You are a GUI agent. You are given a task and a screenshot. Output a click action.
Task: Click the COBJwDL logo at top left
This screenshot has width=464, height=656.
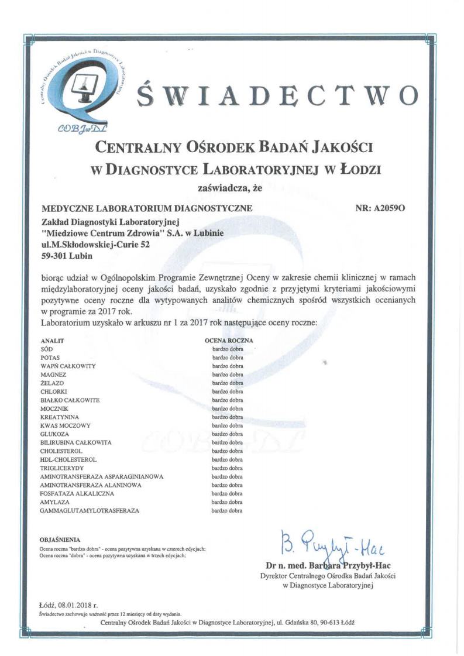[x=85, y=88]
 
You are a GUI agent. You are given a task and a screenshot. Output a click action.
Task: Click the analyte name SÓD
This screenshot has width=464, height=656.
[x=46, y=349]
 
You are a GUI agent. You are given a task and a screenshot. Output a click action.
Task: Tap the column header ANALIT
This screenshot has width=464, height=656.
[x=51, y=340]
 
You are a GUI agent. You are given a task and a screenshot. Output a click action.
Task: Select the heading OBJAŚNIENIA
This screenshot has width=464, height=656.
[x=60, y=539]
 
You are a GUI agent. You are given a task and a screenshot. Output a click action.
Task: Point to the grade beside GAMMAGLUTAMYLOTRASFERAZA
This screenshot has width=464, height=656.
[x=227, y=511]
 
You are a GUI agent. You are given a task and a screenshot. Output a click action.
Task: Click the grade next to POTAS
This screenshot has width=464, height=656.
[x=227, y=358]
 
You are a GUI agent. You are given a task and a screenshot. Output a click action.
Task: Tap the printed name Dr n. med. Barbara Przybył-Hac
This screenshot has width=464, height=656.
[x=328, y=565]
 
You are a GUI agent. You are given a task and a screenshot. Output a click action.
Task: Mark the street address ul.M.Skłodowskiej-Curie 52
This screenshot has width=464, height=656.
[x=95, y=245]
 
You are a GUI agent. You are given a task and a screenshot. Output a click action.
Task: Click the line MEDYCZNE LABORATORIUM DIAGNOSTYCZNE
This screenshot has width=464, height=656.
[x=147, y=208]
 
